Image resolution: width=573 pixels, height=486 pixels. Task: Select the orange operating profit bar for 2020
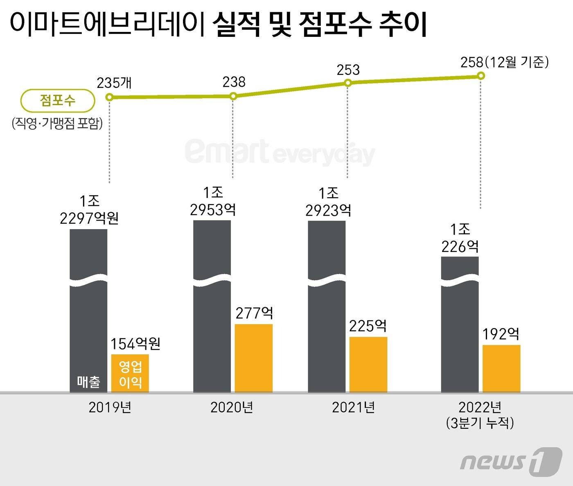[254, 358]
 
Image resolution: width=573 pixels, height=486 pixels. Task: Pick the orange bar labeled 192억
[501, 368]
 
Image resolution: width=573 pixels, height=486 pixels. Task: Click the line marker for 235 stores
[109, 97]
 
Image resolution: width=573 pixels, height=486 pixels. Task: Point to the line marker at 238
[233, 97]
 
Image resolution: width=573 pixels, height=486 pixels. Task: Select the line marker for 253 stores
[347, 83]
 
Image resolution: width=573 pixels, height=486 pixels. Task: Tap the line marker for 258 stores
[481, 76]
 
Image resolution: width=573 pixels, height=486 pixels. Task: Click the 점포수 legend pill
[58, 101]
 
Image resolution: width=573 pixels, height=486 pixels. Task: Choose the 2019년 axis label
[110, 407]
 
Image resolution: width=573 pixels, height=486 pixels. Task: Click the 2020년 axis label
[232, 407]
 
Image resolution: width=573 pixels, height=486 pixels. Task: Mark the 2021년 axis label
[353, 407]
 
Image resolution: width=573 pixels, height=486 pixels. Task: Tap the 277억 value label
[254, 313]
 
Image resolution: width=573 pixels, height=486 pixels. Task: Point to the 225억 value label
[368, 326]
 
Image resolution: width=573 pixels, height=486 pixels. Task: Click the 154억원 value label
[135, 344]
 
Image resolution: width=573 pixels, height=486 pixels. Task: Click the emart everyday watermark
[280, 152]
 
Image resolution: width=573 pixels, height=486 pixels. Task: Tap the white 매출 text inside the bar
[88, 382]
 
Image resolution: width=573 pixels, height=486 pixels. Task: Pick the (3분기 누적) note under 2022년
[480, 423]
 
